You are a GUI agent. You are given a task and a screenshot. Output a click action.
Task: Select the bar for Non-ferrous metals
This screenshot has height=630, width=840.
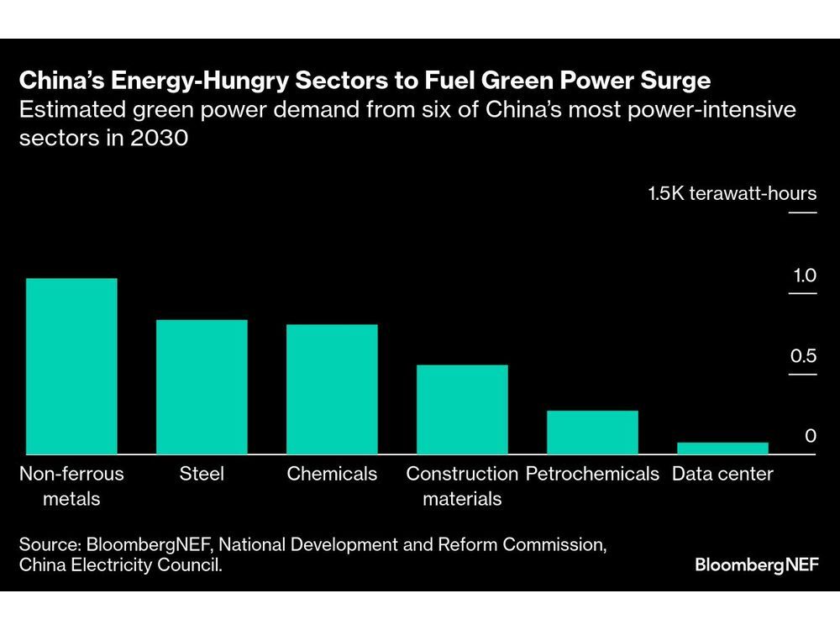[71, 366]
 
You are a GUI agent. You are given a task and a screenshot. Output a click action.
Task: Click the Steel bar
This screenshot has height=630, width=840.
[202, 387]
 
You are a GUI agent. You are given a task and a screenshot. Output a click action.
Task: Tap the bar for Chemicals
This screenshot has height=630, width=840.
[332, 390]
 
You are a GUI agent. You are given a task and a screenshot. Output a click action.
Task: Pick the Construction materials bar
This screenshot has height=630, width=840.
[462, 410]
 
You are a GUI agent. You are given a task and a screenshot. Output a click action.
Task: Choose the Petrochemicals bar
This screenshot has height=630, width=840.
[592, 433]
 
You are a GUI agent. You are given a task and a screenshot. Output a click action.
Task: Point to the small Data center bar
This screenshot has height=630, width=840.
[722, 449]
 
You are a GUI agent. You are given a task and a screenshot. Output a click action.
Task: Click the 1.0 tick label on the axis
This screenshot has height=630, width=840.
[804, 276]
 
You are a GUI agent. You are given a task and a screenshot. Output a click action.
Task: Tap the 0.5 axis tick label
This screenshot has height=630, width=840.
[803, 356]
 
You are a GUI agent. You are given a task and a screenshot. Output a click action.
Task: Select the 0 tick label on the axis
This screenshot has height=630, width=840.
[810, 436]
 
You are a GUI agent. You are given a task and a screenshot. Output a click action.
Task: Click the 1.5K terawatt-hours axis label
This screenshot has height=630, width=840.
[732, 194]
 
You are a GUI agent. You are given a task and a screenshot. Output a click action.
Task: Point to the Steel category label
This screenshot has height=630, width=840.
[202, 474]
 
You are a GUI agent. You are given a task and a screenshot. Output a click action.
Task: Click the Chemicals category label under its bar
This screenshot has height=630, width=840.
[332, 474]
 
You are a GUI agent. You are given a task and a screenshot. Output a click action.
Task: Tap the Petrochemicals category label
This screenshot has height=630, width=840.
[592, 474]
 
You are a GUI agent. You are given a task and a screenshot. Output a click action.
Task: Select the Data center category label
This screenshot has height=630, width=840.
[722, 474]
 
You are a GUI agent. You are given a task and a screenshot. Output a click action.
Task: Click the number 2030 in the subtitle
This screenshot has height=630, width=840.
[158, 139]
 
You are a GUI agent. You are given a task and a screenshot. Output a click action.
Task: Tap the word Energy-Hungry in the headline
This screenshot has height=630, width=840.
[174, 81]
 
